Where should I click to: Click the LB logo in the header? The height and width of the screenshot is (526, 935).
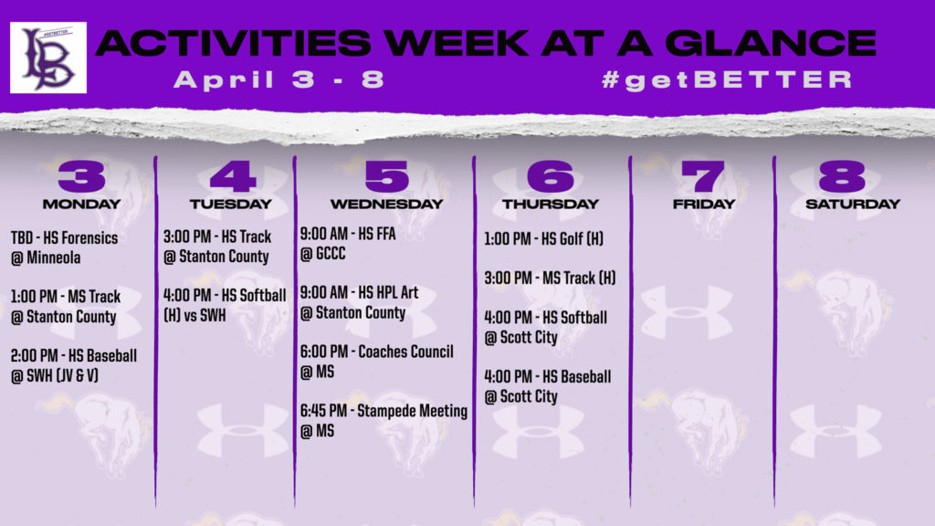pos(48,58)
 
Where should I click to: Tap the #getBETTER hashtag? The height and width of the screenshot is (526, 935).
pos(728,80)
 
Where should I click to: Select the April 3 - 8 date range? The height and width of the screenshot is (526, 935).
pos(279,80)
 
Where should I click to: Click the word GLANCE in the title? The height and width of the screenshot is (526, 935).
pos(771,43)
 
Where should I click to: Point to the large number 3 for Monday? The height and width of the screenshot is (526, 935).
pos(81,176)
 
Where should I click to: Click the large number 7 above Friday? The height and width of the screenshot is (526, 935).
pos(703,176)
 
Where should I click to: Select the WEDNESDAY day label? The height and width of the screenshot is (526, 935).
pos(387,204)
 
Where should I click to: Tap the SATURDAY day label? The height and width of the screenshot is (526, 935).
pos(853,204)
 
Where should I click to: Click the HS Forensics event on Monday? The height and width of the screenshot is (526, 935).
pos(65,247)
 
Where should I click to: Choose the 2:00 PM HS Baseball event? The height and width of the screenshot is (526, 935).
pos(74,365)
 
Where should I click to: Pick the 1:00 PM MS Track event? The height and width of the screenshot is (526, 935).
pos(66,307)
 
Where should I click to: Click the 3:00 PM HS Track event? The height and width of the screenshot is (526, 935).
pos(217,247)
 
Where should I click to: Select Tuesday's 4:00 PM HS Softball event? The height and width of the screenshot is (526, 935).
pos(225,305)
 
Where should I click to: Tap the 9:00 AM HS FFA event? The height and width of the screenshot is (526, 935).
pos(348,243)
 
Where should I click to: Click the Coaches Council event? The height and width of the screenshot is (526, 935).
pos(376,362)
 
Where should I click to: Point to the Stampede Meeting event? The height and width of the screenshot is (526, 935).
pos(383,420)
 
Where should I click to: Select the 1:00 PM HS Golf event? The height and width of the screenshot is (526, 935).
pos(544,239)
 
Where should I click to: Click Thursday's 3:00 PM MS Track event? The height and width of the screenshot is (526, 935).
pos(550,278)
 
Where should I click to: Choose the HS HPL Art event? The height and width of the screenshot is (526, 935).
pos(359,302)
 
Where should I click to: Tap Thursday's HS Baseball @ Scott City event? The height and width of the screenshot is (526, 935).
pos(548,386)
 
